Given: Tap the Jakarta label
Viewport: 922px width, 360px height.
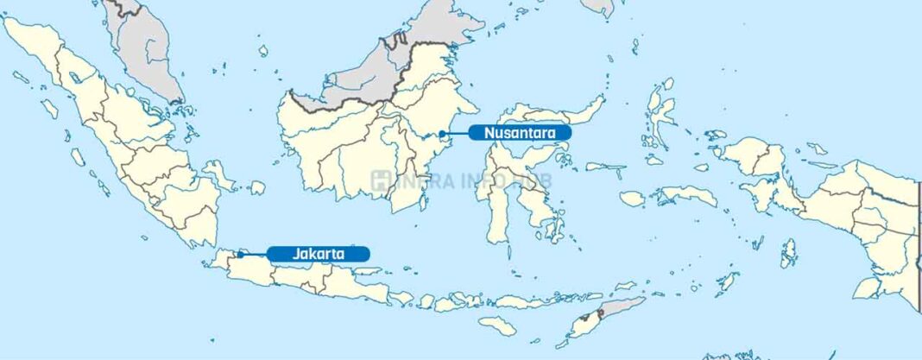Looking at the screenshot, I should [x=319, y=254].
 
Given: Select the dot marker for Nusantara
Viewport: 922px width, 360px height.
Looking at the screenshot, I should [x=442, y=133].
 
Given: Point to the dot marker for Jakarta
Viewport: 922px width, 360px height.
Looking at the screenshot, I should [x=240, y=254].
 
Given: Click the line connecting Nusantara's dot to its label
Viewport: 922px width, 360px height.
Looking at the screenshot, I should [x=456, y=133].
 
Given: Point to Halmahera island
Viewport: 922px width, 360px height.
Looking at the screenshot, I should [x=660, y=117].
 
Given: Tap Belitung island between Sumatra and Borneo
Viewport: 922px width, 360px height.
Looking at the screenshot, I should [x=256, y=187].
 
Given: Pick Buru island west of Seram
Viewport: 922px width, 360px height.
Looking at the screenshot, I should [x=633, y=198].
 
